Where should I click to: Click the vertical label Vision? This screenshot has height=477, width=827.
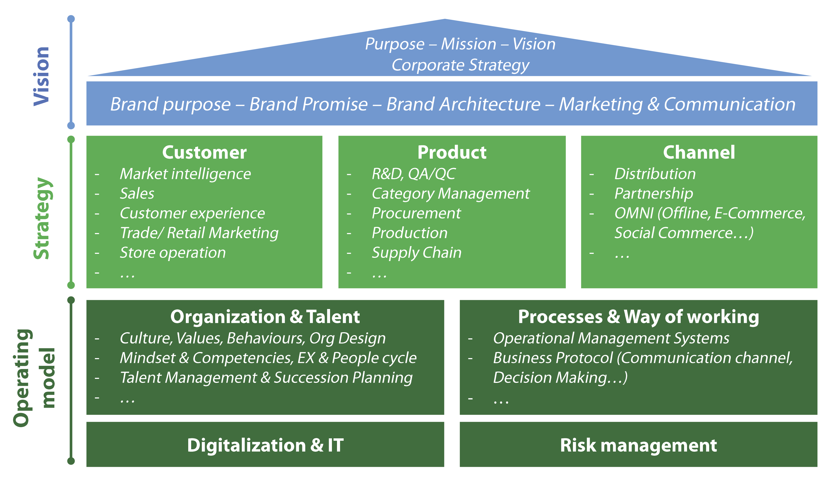(42, 76)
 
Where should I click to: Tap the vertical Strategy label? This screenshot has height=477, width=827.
(42, 219)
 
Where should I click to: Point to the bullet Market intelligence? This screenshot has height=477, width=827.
(185, 174)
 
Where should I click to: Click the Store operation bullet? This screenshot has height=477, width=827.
(172, 252)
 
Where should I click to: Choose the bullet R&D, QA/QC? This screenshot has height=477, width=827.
(413, 174)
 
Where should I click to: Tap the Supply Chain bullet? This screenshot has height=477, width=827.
(416, 252)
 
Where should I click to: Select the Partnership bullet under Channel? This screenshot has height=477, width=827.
(653, 193)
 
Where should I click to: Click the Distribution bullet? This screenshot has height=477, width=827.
(655, 174)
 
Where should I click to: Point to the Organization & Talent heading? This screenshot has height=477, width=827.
(265, 317)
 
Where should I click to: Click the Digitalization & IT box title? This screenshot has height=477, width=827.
(265, 445)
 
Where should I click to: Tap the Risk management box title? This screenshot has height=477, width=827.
(638, 445)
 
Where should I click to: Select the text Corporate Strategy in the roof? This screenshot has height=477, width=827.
(460, 65)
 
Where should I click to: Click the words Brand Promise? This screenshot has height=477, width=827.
(308, 104)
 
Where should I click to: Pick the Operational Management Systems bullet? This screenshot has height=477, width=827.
(611, 338)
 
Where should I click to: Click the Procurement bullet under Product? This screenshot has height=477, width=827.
(416, 213)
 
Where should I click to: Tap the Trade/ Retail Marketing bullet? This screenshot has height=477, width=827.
(199, 233)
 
